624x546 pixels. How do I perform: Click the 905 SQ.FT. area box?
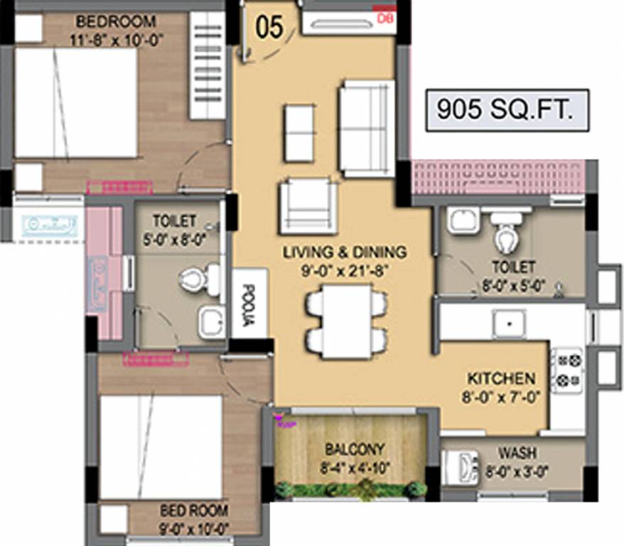[x=507, y=110]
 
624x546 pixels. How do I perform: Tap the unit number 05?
[x=269, y=26]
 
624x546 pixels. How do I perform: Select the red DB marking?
[x=384, y=17]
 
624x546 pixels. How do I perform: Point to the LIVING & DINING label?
[x=345, y=252]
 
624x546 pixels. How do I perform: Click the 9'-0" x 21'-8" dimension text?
[x=345, y=270]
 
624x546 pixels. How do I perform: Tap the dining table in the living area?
[x=346, y=321]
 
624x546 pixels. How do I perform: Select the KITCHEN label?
[x=500, y=378]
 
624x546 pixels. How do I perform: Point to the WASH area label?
[x=517, y=453]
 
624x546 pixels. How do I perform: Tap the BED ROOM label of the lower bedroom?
[x=193, y=510]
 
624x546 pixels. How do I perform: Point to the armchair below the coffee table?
[x=308, y=205]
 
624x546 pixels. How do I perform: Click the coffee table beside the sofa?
[x=299, y=133]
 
